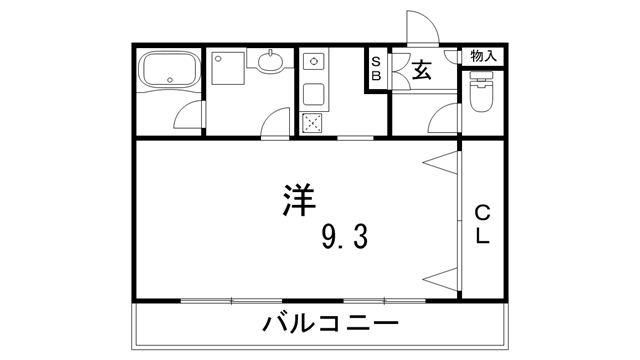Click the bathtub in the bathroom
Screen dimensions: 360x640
pos(170,70)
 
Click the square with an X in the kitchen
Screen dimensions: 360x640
pos(314,124)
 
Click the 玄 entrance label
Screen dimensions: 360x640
pos(421,69)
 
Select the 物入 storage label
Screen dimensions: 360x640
pos(483,56)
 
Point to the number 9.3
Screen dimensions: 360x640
pos(346,237)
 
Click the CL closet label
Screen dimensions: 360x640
pos(482,224)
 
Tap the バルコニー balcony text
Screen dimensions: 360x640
pos(330,324)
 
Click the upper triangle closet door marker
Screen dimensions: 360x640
pos(440,163)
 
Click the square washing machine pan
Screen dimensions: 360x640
pos(227,68)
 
